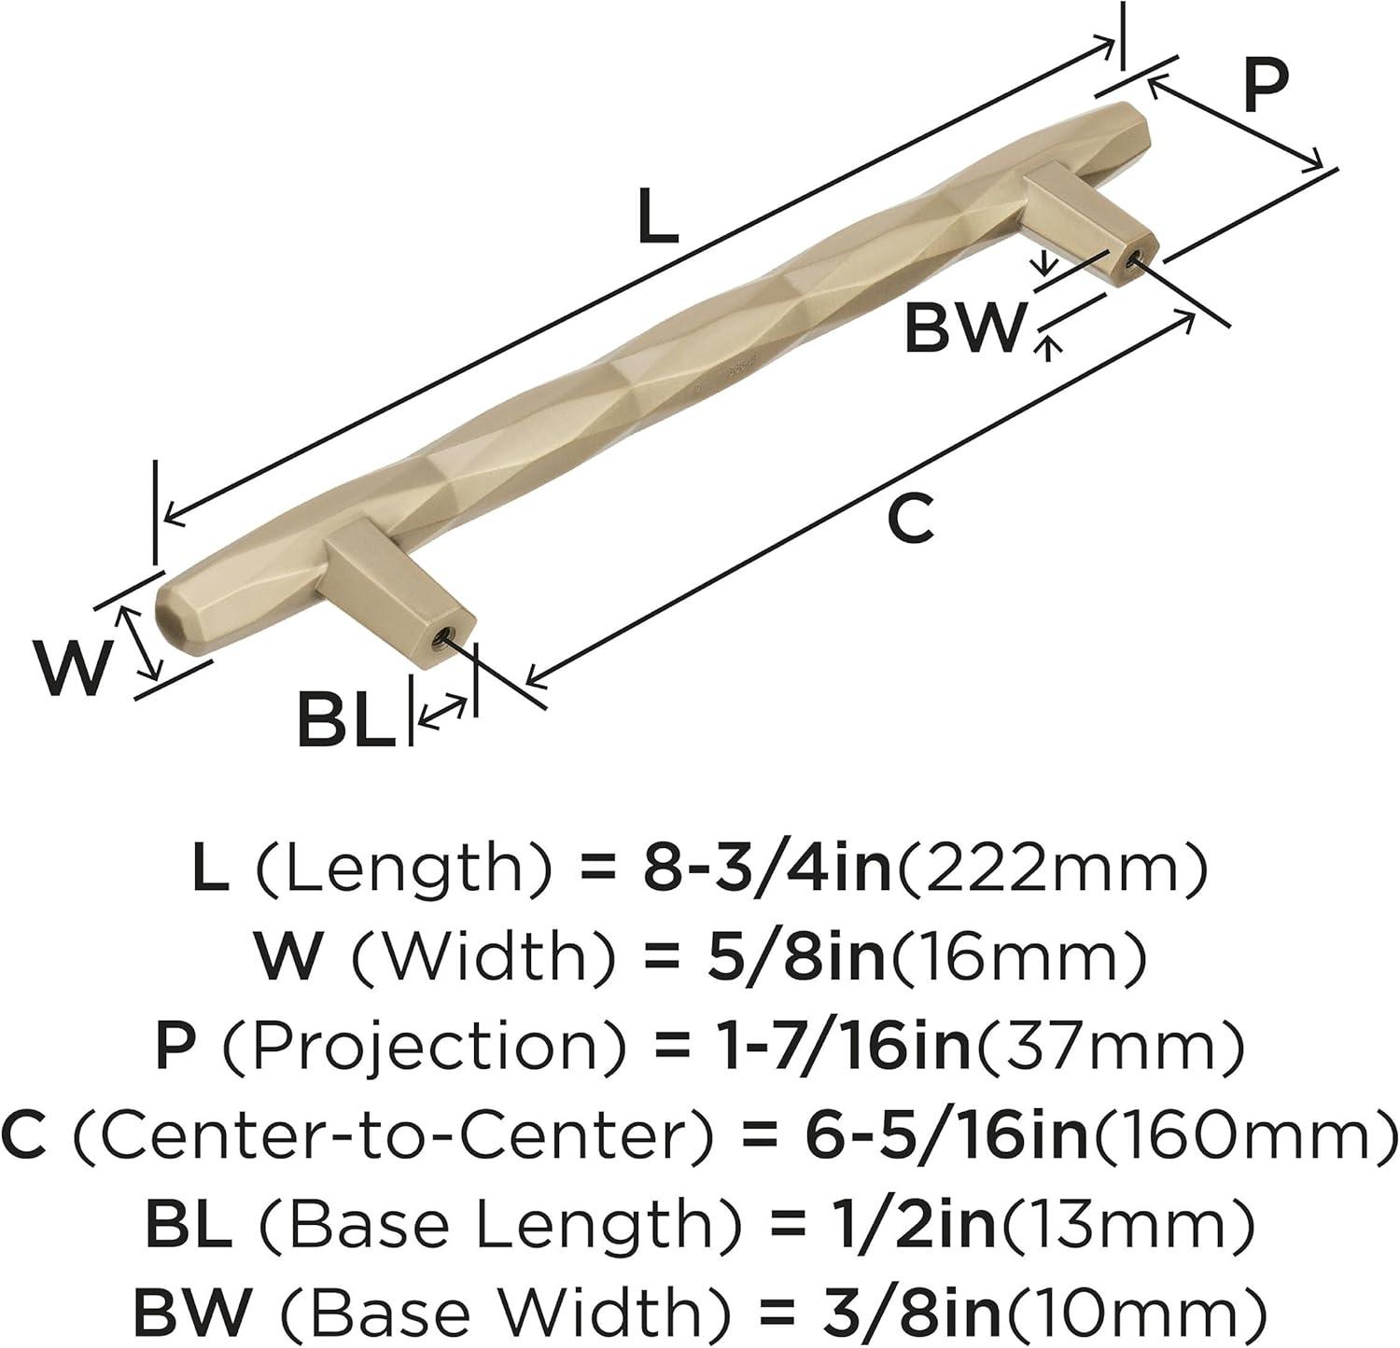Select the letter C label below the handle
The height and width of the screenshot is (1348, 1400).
coord(910,519)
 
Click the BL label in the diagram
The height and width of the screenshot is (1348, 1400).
coord(346,719)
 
